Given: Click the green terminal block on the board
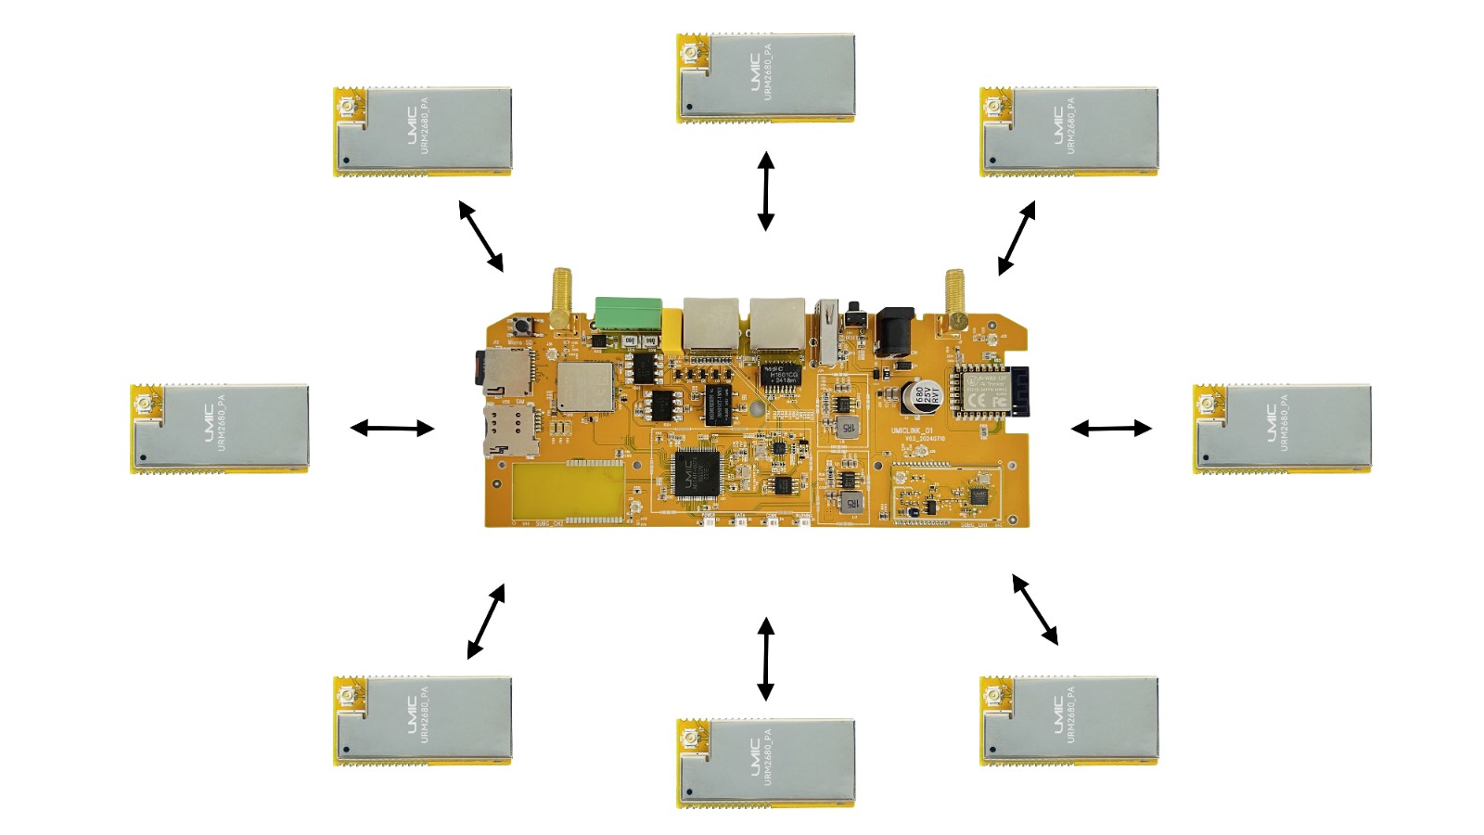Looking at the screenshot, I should pos(628,314).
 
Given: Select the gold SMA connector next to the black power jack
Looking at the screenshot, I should pos(954,299).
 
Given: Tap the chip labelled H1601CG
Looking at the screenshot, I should pos(781,374).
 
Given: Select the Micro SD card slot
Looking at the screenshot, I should pos(503,373).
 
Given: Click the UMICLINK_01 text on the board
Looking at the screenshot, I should pos(911,431).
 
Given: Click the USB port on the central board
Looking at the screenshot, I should pos(824,332).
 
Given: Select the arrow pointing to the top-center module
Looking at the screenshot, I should pos(765,191).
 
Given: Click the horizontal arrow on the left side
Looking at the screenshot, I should pos(392,428).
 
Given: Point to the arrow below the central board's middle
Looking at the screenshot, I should pos(765,659).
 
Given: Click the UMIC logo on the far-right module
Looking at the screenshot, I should pos(1267,422).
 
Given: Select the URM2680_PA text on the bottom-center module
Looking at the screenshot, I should pos(768,757).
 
